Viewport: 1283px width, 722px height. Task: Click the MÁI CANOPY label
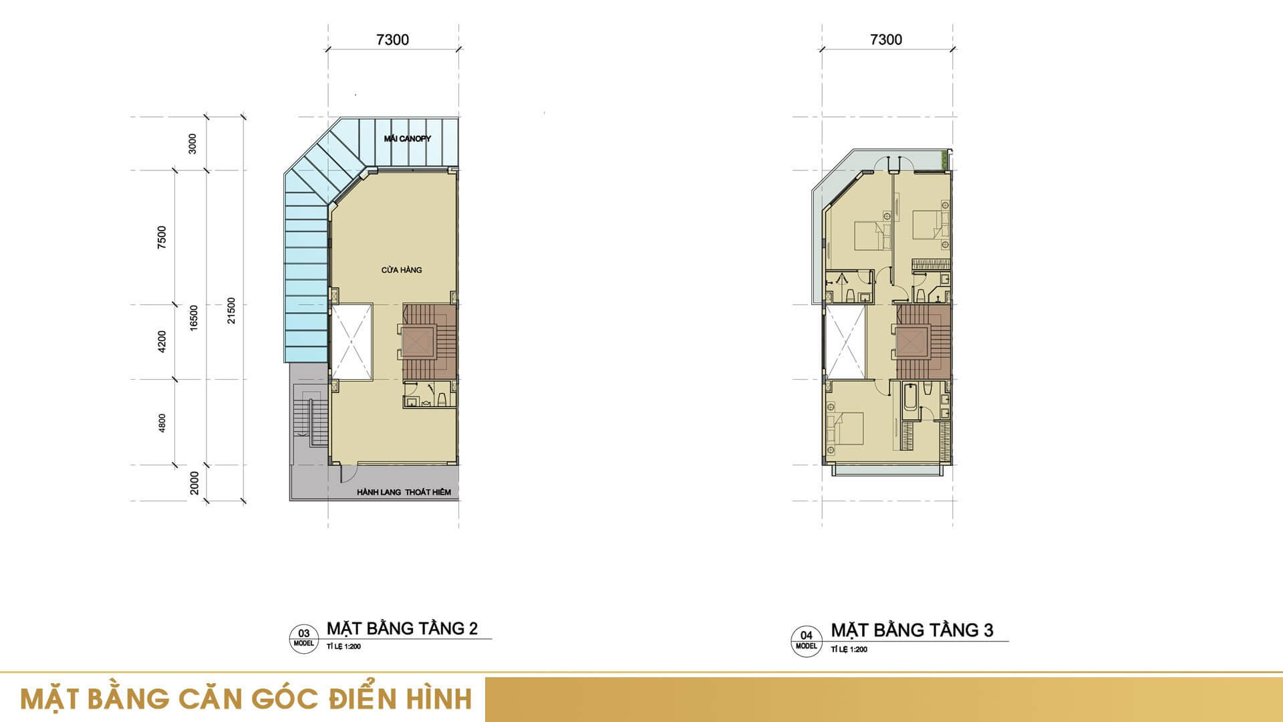407,139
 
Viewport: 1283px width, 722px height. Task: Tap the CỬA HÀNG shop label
402,270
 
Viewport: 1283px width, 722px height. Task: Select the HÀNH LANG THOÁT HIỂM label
404,492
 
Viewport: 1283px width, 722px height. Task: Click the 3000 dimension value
192,144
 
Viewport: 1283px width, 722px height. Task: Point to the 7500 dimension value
161,237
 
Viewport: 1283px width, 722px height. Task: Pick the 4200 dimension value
161,342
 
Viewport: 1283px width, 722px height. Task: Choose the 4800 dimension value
162,423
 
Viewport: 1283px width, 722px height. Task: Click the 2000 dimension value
194,483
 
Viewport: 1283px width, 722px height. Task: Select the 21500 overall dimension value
231,311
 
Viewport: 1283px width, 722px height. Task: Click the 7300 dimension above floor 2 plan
392,39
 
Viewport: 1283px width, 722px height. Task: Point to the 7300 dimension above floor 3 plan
886,39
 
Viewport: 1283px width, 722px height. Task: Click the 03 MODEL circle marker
303,637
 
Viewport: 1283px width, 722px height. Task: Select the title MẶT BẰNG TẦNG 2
402,628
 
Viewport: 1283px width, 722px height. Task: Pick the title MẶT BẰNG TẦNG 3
912,630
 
